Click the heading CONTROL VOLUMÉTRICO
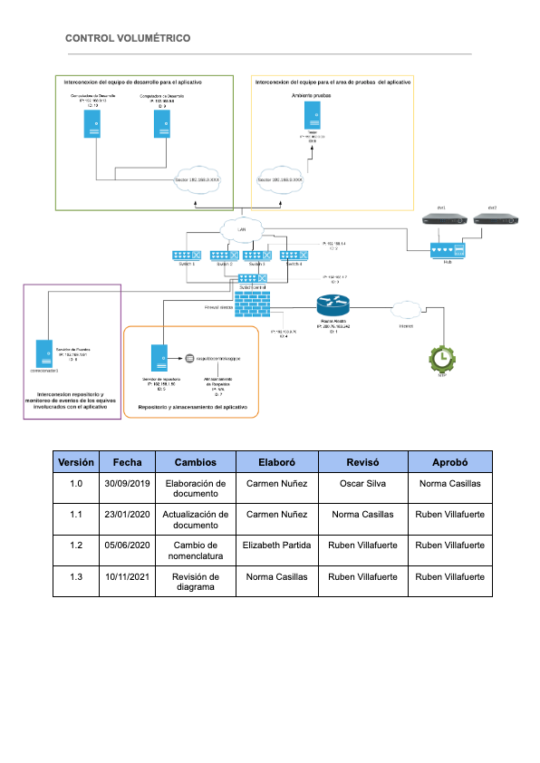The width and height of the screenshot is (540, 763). click(x=128, y=38)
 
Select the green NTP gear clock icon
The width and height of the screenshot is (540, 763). click(x=441, y=358)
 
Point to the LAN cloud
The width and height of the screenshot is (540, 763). click(x=242, y=229)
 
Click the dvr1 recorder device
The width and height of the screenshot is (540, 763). click(x=441, y=218)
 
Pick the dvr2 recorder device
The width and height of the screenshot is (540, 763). click(x=493, y=218)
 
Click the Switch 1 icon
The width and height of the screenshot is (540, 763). click(x=187, y=256)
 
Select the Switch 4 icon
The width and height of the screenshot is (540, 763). click(x=292, y=256)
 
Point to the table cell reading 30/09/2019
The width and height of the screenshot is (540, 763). click(x=127, y=483)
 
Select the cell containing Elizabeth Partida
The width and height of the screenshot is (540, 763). click(x=277, y=545)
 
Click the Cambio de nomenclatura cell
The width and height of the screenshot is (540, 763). click(x=196, y=550)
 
